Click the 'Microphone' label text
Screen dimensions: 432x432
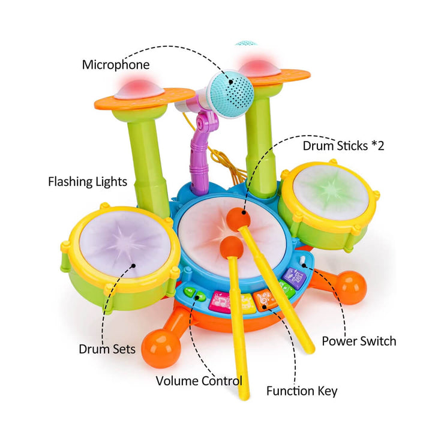point(116,64)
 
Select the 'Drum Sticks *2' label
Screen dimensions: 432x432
point(343,146)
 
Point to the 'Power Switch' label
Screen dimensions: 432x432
point(359,341)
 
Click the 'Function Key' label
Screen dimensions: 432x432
point(302,391)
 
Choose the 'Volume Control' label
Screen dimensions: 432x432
point(199,380)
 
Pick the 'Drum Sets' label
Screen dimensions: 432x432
point(107,348)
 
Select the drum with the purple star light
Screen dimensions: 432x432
point(125,242)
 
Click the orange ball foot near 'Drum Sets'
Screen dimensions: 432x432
point(160,350)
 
